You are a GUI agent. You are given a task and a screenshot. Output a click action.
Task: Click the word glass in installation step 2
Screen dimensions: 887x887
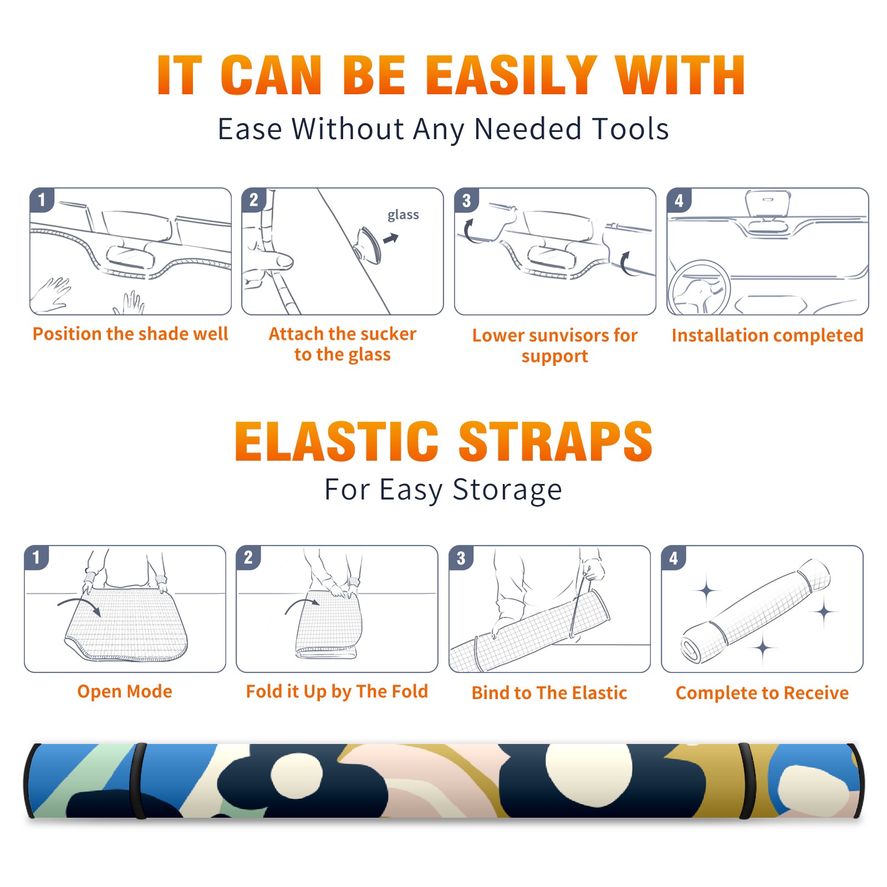pos(403,215)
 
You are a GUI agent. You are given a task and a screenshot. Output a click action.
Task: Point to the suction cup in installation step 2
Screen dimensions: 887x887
pos(369,245)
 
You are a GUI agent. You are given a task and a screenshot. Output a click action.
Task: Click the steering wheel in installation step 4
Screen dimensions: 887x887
pos(699,288)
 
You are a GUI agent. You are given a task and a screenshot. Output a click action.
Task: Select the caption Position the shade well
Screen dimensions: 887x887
pos(130,334)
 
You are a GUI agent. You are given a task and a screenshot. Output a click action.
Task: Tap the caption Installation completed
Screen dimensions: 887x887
pos(767,335)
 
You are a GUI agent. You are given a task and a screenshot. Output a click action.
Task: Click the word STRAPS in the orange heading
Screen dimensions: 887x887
pos(555,441)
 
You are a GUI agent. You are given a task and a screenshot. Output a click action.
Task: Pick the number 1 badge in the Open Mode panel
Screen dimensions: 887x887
pos(37,557)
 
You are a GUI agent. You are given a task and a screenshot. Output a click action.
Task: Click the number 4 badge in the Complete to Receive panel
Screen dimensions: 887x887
pos(674,558)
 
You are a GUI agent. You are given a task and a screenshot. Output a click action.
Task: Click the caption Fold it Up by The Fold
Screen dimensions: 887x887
pos(337,691)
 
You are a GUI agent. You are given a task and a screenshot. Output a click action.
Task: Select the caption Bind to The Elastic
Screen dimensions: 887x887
pos(549,693)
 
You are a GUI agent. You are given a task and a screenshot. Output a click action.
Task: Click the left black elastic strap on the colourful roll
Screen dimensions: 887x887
pos(138,781)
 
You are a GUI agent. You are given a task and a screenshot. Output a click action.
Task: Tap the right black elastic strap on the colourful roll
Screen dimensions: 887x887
pos(747,781)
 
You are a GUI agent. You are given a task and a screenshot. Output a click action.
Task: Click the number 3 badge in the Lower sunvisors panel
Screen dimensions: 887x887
pos(466,200)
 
